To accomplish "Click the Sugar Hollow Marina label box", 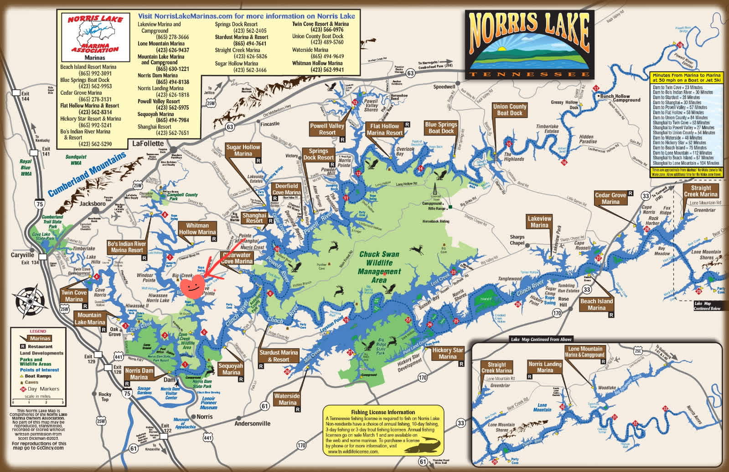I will coord(243,151).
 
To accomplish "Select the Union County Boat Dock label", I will coord(510,110).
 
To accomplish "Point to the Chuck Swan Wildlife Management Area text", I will coord(379,267).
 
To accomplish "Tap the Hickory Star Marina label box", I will coord(447,353).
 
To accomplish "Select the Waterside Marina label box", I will coord(287,399).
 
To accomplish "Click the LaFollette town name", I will coord(148,143).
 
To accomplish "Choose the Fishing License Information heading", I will coord(383,412).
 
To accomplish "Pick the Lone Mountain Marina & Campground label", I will coord(585,352).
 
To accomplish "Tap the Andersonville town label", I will coord(252,423).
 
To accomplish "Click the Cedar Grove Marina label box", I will coord(610,198).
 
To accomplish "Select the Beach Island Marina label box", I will coord(596,305).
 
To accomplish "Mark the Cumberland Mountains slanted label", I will coord(87,174).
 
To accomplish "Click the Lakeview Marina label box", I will coord(539,222).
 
